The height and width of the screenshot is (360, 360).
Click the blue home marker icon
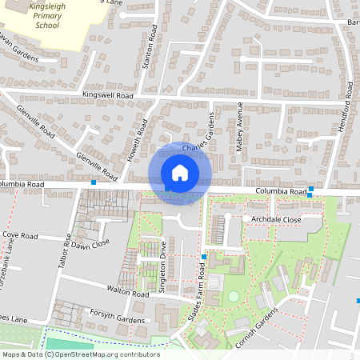(x=180, y=172)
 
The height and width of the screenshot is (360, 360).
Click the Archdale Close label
(x=275, y=218)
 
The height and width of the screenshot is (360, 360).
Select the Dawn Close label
(x=90, y=245)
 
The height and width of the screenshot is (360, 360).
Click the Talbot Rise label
(x=58, y=249)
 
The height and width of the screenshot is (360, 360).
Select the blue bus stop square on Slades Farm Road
(x=204, y=257)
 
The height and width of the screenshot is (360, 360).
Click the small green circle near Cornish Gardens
(x=233, y=296)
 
